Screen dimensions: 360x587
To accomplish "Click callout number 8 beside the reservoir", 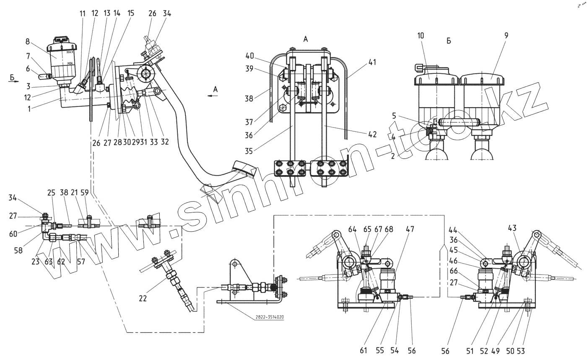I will [x=28, y=41].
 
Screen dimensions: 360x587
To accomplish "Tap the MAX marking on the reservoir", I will [x=70, y=53].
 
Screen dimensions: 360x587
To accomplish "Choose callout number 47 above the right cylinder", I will [x=410, y=229].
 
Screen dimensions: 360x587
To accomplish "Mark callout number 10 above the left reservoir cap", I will [x=421, y=36].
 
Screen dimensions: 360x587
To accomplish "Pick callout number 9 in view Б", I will [x=506, y=36].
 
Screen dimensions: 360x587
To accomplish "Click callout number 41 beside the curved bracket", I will [x=372, y=62].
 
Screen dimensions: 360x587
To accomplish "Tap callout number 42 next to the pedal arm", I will [x=372, y=135].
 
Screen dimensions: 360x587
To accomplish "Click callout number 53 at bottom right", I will [x=532, y=350].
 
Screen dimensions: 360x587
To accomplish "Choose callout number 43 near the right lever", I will [x=512, y=228].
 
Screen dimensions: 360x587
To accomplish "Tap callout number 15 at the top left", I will [x=131, y=13].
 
